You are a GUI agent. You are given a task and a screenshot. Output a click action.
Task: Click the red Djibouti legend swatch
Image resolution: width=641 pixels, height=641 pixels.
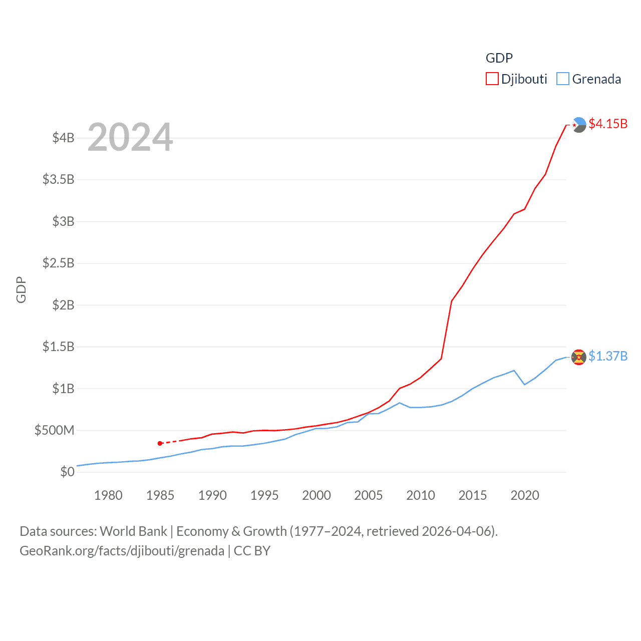[x=492, y=79]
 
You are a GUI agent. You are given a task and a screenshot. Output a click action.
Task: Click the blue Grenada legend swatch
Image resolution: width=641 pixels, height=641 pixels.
[x=563, y=79]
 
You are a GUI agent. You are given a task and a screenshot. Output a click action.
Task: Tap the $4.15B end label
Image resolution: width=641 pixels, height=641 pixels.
[x=608, y=124]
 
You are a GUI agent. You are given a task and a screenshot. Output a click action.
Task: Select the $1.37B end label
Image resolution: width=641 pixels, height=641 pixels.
[x=608, y=356]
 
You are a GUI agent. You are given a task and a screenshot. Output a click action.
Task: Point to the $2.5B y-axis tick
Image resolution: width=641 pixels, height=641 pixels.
[x=59, y=263]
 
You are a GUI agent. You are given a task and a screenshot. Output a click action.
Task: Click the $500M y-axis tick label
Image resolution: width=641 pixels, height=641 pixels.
[x=54, y=430]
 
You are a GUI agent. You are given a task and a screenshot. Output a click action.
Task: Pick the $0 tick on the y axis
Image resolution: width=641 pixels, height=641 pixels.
[x=67, y=472]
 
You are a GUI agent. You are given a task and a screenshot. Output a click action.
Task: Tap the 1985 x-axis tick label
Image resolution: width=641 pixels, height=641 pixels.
[x=160, y=495]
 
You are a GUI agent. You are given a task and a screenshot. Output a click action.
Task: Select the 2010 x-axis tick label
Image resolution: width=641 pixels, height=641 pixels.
[x=421, y=495]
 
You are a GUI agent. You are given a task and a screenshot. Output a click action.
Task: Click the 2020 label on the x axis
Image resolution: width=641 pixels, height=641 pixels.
[x=525, y=495]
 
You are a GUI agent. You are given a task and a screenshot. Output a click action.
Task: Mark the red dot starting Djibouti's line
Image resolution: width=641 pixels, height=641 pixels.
[x=160, y=443]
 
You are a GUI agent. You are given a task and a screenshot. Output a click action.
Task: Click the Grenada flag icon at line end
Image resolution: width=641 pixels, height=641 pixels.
[x=579, y=358]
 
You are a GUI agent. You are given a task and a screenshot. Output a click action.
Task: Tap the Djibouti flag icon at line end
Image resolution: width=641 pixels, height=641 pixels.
[x=579, y=125]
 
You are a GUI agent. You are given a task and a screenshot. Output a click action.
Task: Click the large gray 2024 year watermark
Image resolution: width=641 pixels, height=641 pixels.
[x=130, y=137]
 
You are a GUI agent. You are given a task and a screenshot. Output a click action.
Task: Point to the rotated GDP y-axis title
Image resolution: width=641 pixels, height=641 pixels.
[x=21, y=289]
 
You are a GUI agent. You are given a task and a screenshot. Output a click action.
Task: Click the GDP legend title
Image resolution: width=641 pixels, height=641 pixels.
[x=499, y=58]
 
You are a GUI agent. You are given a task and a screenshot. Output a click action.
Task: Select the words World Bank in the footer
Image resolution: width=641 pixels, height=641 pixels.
[x=133, y=531]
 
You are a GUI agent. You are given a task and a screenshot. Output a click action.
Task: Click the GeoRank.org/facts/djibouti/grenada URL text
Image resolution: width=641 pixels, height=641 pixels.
[x=122, y=551]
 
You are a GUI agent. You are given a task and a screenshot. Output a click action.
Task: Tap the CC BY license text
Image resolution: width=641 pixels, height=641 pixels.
[x=252, y=551]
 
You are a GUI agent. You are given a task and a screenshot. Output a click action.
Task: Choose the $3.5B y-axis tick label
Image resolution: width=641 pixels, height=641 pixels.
[x=59, y=179]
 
